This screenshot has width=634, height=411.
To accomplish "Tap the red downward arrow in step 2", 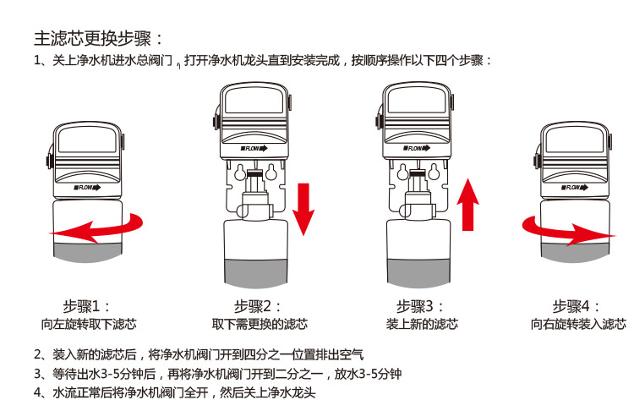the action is tap(303, 209).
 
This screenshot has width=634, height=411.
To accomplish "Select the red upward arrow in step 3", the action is tap(467, 205).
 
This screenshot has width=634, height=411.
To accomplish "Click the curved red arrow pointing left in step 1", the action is tap(96, 228).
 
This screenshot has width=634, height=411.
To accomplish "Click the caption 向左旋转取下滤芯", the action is tap(89, 324).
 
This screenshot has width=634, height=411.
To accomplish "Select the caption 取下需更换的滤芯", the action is tap(260, 324).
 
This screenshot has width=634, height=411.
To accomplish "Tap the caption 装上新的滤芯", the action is tap(422, 324).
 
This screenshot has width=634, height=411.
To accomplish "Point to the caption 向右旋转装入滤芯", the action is tap(578, 324).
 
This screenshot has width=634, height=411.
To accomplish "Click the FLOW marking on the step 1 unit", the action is tap(87, 188).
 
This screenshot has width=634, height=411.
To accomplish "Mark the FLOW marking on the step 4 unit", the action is tap(575, 187).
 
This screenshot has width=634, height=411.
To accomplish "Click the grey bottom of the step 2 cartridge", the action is tap(255, 273).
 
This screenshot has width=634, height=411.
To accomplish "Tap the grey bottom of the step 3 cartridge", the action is tap(418, 273).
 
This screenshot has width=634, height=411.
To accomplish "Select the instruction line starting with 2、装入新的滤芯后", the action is tap(199, 354).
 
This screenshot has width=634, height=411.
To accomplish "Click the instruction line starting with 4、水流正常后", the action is tap(175, 392).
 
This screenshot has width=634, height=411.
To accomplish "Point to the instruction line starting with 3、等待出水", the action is tap(217, 374).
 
